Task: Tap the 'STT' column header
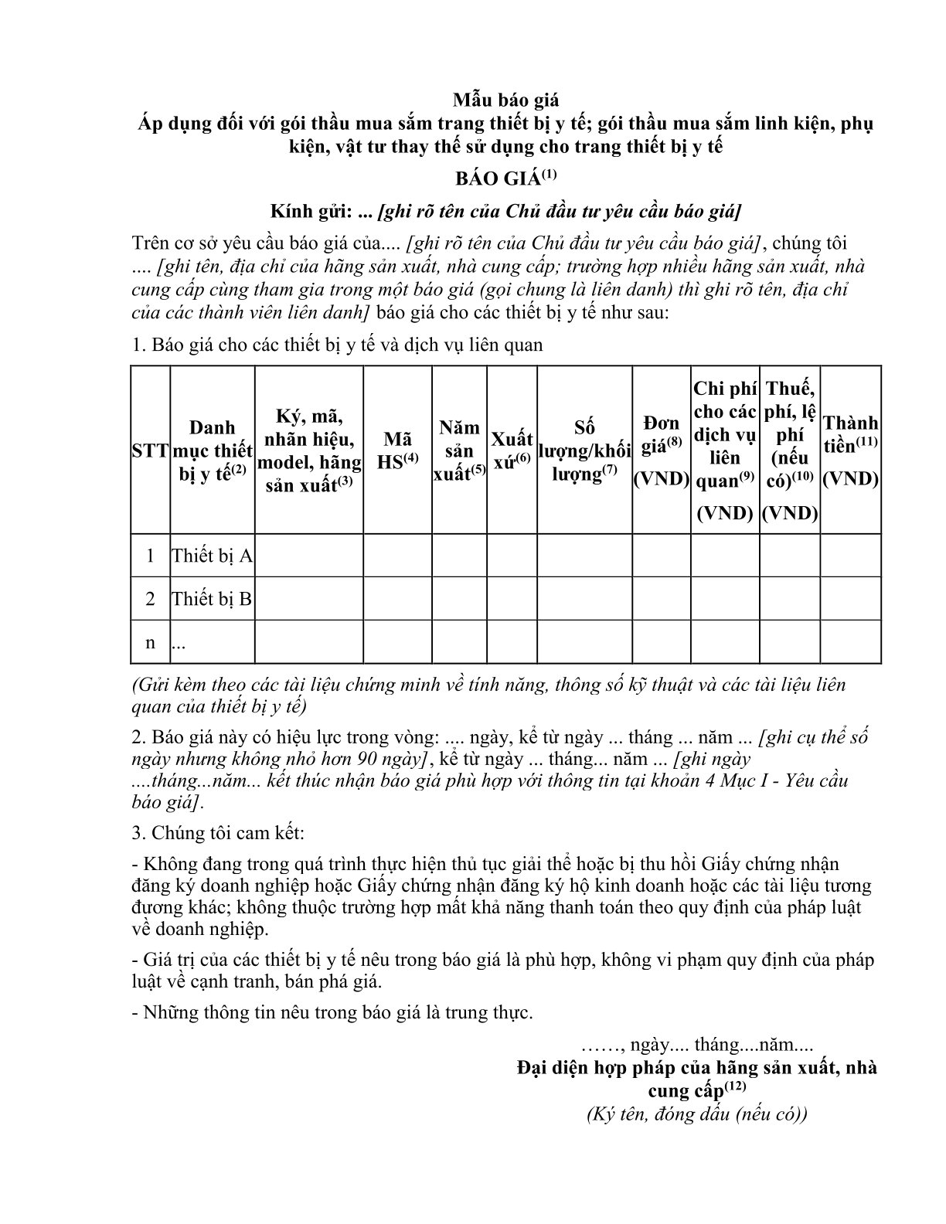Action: coord(150,450)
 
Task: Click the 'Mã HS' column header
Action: coord(397,450)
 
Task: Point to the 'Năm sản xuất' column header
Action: coord(459,450)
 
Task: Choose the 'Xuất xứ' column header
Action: coord(512,450)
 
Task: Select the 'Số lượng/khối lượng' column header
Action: coord(584,450)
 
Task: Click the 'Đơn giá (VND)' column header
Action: coord(661,450)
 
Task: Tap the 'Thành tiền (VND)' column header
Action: coord(850,450)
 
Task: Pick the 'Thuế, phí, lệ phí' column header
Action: coord(790,450)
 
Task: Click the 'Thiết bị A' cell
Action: coord(212,556)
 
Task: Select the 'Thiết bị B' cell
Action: coord(212,599)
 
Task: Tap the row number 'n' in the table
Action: coord(150,642)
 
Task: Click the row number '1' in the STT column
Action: coord(150,556)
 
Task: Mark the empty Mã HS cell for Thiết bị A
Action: coord(397,556)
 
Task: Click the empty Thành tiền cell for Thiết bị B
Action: coord(850,599)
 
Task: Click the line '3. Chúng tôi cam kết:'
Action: coord(219,833)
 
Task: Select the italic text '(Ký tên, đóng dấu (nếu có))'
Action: coord(696,1114)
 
